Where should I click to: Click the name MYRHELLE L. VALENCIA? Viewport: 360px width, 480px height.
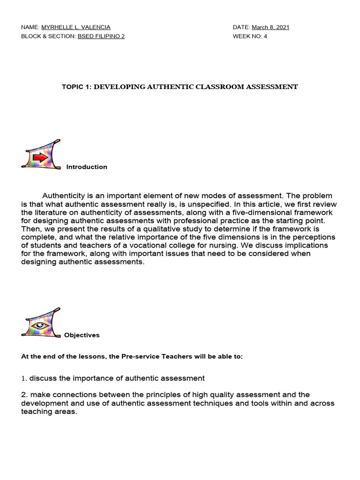(x=76, y=27)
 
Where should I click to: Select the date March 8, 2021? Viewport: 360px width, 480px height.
(x=270, y=27)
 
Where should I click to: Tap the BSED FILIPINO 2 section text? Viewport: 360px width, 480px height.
(x=101, y=36)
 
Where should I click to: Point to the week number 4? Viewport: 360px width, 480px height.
(x=265, y=36)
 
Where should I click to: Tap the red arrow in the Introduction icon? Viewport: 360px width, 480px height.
(x=40, y=158)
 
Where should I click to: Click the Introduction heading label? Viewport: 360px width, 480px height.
(x=87, y=167)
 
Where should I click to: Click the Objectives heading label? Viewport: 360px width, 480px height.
(x=82, y=335)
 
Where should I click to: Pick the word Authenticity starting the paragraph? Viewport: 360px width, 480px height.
(x=65, y=195)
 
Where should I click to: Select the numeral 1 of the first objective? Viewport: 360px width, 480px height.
(x=23, y=378)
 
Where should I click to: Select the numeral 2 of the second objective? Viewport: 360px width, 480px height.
(x=23, y=395)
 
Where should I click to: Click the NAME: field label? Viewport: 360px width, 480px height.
(x=30, y=27)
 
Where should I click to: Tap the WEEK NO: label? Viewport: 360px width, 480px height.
(x=247, y=36)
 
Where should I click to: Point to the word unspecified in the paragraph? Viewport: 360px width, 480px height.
(x=205, y=204)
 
